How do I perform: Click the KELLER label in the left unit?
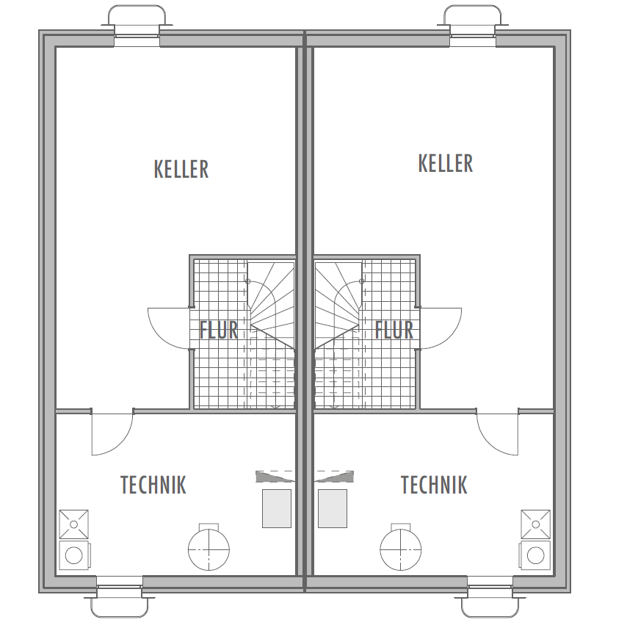pyautogui.click(x=181, y=169)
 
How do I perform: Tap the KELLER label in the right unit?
pyautogui.click(x=446, y=163)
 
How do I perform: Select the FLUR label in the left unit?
pyautogui.click(x=218, y=330)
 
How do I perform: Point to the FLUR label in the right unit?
pyautogui.click(x=394, y=330)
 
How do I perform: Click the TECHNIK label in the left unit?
pyautogui.click(x=153, y=485)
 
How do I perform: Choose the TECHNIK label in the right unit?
pyautogui.click(x=434, y=485)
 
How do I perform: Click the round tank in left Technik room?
pyautogui.click(x=209, y=547)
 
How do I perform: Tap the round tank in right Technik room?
pyautogui.click(x=401, y=547)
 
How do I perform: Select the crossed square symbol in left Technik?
pyautogui.click(x=73, y=524)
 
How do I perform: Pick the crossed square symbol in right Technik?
pyautogui.click(x=536, y=524)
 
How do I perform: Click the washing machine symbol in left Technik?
pyautogui.click(x=75, y=555)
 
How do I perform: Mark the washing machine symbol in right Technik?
pyautogui.click(x=534, y=555)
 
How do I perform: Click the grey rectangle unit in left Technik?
pyautogui.click(x=277, y=508)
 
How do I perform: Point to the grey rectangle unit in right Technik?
pyautogui.click(x=333, y=508)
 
